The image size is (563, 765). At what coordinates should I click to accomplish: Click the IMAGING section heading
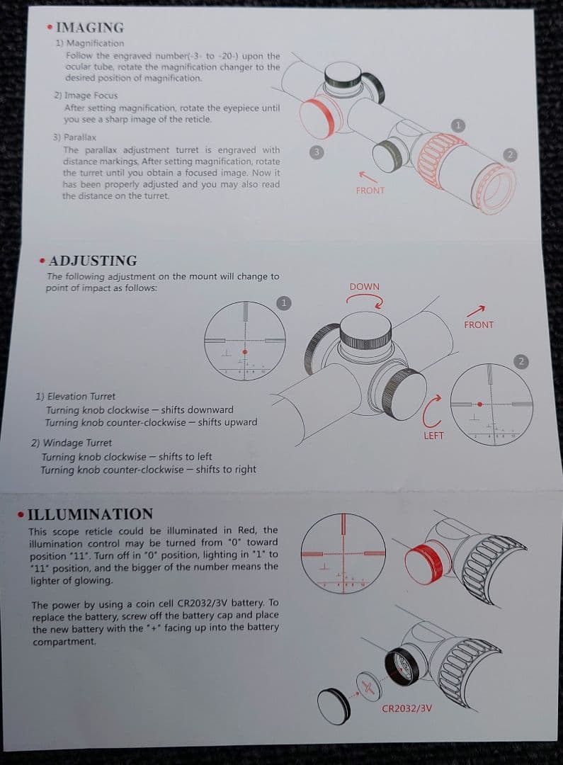[90, 28]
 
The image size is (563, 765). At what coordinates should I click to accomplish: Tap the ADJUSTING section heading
[93, 261]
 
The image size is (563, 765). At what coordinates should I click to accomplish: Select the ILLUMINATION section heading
[90, 514]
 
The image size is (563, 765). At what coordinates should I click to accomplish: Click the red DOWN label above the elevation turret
[365, 286]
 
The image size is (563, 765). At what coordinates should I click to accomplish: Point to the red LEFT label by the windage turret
[433, 436]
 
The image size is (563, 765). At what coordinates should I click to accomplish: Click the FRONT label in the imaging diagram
[370, 191]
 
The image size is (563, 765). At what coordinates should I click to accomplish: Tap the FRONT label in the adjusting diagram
[479, 324]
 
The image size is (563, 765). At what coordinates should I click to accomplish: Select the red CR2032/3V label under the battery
[406, 708]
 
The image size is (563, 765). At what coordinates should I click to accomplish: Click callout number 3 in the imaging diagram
[316, 152]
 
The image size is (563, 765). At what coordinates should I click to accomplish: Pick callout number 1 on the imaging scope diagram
[457, 125]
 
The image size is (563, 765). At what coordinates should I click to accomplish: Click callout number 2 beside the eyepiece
[510, 154]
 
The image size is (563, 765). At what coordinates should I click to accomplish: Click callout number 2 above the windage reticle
[521, 361]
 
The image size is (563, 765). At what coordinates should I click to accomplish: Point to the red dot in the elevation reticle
[245, 352]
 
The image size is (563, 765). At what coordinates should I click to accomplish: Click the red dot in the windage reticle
[480, 404]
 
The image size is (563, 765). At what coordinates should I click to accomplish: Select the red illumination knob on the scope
[424, 565]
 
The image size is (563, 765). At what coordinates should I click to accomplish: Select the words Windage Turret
[78, 443]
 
